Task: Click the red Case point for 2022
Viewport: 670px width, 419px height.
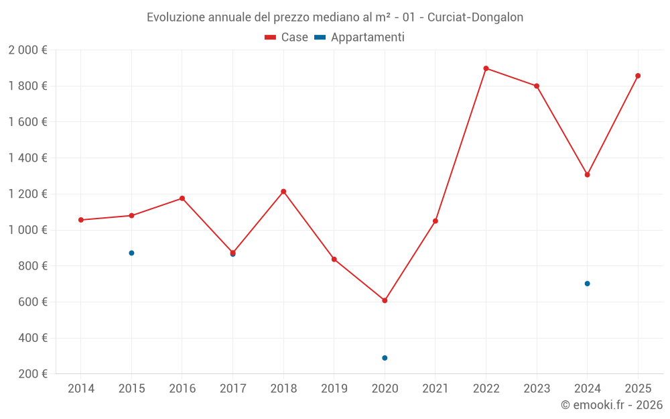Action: click(x=486, y=68)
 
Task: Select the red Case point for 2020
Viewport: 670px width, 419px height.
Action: click(x=385, y=300)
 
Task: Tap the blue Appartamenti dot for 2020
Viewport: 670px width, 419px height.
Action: click(x=385, y=358)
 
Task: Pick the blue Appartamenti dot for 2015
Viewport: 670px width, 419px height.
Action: click(x=131, y=253)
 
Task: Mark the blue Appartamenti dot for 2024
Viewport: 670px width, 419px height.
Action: click(x=587, y=284)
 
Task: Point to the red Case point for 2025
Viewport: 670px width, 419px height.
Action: click(x=638, y=76)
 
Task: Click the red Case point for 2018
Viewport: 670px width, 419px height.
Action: click(x=283, y=192)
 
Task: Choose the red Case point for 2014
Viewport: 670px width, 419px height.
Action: click(x=81, y=220)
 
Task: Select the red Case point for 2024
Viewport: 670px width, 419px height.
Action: click(x=587, y=175)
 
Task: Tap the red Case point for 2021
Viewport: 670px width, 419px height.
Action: click(x=435, y=221)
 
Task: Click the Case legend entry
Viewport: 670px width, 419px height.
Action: click(x=287, y=38)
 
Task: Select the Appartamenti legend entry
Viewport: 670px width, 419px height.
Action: click(x=360, y=38)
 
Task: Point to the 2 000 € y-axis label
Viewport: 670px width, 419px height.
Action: click(x=27, y=50)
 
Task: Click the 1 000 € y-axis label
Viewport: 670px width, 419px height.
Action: click(x=27, y=230)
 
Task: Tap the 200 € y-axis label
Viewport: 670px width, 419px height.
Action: click(x=32, y=374)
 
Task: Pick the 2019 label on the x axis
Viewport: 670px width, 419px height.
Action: click(x=334, y=389)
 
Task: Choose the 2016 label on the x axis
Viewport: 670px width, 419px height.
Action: click(x=182, y=389)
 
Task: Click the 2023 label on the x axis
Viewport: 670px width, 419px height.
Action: click(x=537, y=389)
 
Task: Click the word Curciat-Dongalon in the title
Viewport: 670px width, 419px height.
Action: click(x=475, y=17)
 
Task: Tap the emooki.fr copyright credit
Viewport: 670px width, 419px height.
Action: click(x=612, y=405)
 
